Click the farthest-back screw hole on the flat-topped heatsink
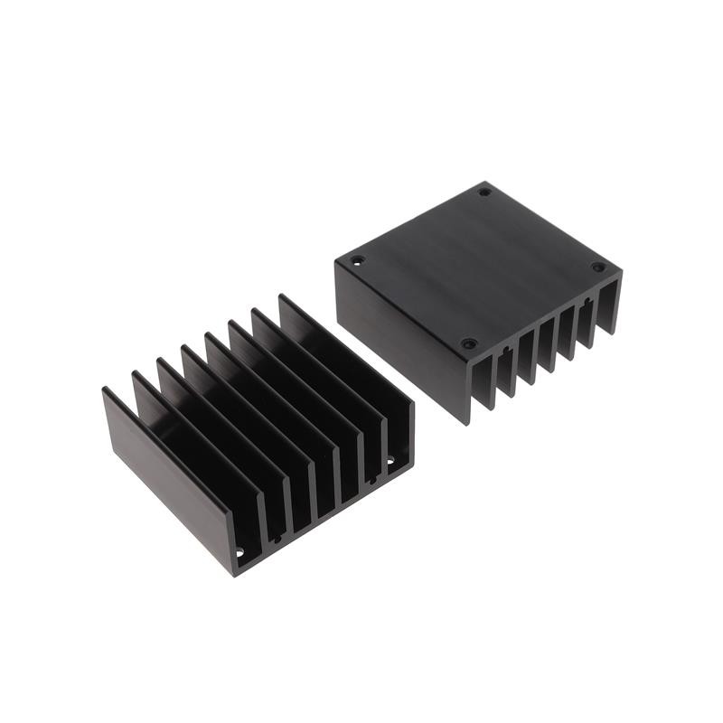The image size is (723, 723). pos(484,192)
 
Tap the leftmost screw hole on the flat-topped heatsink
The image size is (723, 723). pos(357,260)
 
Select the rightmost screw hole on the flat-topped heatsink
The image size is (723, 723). pos(597,267)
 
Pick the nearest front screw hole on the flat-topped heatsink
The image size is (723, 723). pos(468,343)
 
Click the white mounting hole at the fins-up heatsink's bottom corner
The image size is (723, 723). pos(239,550)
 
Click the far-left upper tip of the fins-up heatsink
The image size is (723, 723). pos(105,390)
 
